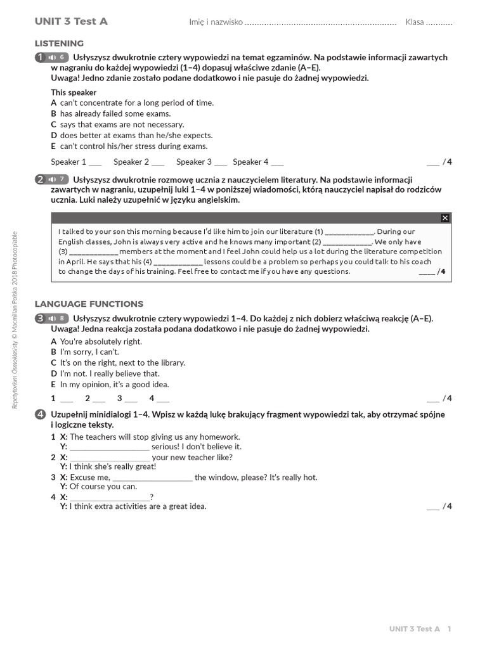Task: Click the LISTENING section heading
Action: coord(59,43)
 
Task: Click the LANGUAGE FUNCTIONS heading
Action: coord(89,304)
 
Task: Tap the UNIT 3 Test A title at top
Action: coord(71,22)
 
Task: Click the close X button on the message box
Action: coord(445,218)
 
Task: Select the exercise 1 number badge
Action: coord(40,58)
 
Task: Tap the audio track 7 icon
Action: coord(57,179)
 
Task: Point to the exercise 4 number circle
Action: coord(40,414)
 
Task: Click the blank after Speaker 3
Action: coord(220,162)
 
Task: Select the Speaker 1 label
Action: coord(68,162)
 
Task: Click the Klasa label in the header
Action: coord(415,22)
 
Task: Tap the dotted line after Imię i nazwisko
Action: coord(320,23)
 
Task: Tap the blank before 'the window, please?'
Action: coord(152,478)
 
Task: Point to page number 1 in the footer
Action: coord(449,629)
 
